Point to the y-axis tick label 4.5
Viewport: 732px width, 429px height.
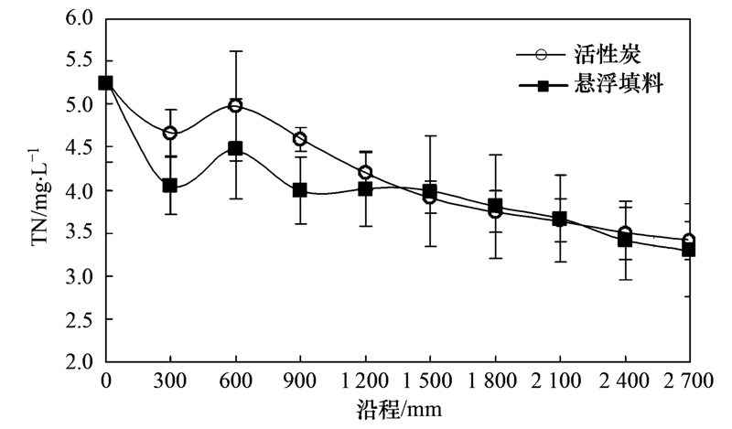pyautogui.click(x=80, y=147)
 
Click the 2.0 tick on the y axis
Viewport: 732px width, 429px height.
pyautogui.click(x=80, y=362)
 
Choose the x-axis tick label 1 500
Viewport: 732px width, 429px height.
pyautogui.click(x=429, y=381)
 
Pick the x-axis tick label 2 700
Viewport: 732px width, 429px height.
pyautogui.click(x=688, y=381)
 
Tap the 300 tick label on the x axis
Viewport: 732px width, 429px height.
pyautogui.click(x=170, y=381)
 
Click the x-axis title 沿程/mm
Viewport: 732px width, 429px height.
pyautogui.click(x=398, y=409)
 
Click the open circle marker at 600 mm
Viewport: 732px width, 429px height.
pyautogui.click(x=235, y=105)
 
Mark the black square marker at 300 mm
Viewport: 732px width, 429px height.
pyautogui.click(x=170, y=185)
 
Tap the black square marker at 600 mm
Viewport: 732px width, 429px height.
pyautogui.click(x=235, y=148)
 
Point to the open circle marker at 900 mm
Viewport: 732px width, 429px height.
pyautogui.click(x=300, y=139)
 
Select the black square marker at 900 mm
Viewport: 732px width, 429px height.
pyautogui.click(x=300, y=190)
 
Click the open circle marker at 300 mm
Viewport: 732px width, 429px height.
pyautogui.click(x=170, y=133)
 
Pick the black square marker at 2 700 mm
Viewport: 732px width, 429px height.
pyautogui.click(x=688, y=250)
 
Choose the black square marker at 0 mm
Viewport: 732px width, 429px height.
pyautogui.click(x=105, y=82)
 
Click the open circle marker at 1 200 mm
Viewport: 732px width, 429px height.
pyautogui.click(x=365, y=173)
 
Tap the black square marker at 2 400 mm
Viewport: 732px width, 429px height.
pyautogui.click(x=624, y=241)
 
